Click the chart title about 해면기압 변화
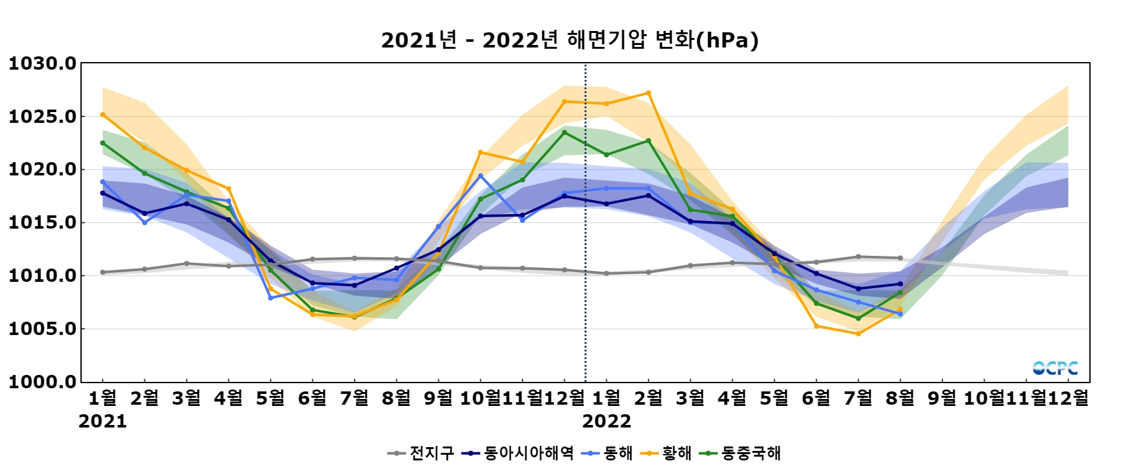(569, 41)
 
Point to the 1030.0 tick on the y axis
(42, 63)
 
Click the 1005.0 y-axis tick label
(42, 329)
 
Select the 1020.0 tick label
(42, 170)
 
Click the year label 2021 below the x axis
(103, 422)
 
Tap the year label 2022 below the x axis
(607, 422)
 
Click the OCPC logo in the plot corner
(1055, 368)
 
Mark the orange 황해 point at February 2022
(649, 93)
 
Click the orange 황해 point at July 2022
(858, 334)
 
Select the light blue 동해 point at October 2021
(481, 176)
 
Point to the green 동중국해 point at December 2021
(564, 132)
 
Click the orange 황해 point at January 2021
(103, 115)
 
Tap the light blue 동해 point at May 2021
(270, 298)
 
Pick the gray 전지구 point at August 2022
(900, 258)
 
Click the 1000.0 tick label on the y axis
(42, 382)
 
